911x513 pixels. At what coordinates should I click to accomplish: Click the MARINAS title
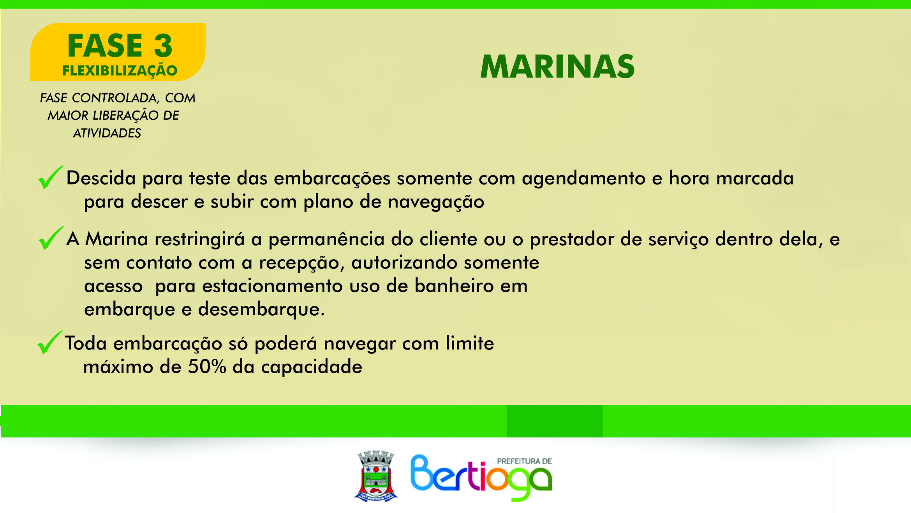557,66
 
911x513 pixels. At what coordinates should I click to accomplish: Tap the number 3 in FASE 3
163,46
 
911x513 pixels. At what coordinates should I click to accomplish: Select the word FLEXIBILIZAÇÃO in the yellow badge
120,70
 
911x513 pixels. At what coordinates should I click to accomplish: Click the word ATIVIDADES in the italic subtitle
107,133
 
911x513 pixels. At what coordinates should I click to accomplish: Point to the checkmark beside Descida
51,177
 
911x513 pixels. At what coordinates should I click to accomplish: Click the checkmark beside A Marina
51,238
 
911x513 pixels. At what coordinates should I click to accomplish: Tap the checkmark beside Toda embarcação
50,342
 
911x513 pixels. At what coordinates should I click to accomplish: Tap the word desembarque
261,309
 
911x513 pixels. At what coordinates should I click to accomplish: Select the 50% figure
207,367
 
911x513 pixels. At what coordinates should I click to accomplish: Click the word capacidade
312,367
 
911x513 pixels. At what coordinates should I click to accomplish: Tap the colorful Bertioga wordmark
481,478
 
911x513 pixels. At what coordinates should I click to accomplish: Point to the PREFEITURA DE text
524,461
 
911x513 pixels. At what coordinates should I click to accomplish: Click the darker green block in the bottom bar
555,421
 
